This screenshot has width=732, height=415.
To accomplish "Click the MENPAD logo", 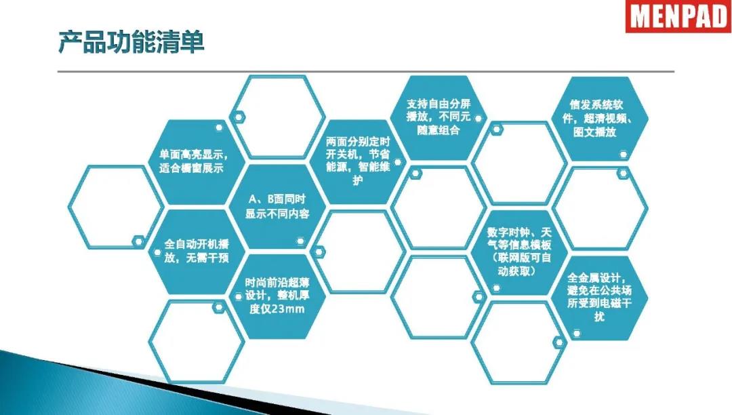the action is (678, 16).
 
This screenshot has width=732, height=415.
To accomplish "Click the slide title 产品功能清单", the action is (131, 43).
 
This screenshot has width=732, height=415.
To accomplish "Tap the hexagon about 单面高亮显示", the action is (196, 162).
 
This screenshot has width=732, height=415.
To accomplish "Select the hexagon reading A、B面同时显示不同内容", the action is (277, 206).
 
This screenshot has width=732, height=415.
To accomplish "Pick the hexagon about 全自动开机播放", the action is (196, 252).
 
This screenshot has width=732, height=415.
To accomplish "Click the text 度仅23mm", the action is (277, 309).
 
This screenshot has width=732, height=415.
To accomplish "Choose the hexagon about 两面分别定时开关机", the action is (358, 162).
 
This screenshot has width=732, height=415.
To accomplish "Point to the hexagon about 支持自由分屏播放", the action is (439, 117).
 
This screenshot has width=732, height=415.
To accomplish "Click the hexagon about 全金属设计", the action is (601, 298).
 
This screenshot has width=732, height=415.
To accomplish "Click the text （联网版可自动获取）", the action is (519, 264).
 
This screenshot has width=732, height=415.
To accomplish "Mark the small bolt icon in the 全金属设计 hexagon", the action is (577, 334).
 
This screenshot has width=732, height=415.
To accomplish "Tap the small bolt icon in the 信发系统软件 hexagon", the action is (624, 154).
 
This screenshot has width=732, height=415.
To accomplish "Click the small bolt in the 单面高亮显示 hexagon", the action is (218, 127).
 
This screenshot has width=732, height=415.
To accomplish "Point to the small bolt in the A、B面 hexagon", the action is (300, 241).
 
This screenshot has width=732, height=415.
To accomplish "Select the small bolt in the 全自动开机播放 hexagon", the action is (157, 252).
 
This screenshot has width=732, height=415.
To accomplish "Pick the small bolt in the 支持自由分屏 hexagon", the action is (478, 119).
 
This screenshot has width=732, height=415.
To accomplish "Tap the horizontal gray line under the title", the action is (366, 72).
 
